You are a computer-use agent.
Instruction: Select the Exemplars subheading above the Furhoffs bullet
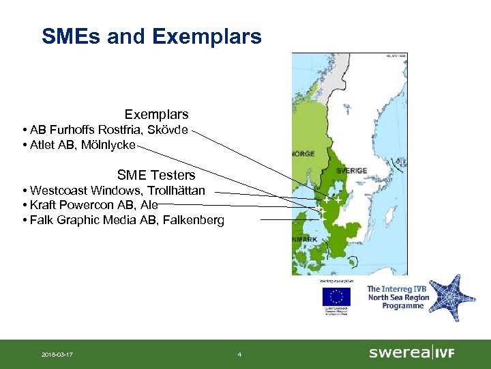click(156, 114)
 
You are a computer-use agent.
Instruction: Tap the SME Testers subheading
click(156, 176)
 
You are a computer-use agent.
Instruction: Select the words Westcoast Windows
click(82, 190)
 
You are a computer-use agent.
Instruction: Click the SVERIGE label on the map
click(351, 170)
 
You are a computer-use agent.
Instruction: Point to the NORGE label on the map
click(303, 154)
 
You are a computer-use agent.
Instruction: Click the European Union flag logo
click(336, 297)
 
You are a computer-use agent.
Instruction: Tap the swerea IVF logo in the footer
click(411, 353)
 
